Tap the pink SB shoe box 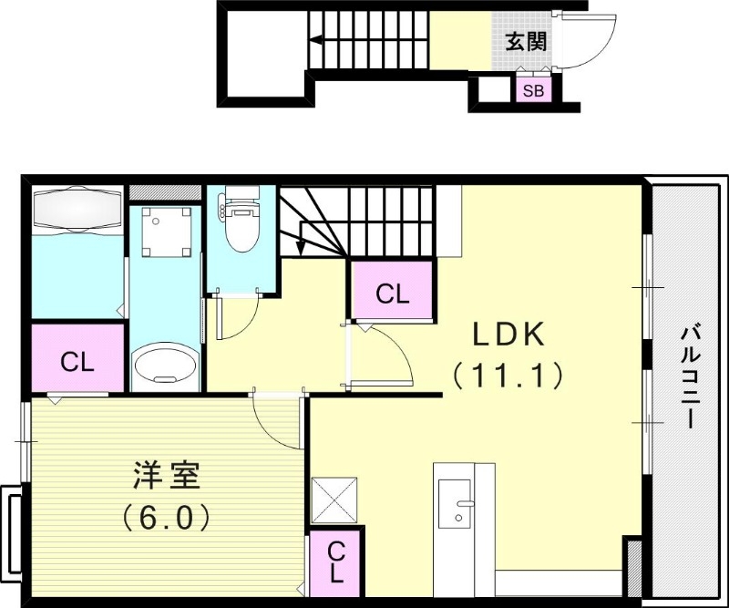[533, 90]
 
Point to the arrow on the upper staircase [315, 39]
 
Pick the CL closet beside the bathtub [77, 361]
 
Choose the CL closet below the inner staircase [393, 294]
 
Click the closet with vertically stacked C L [335, 562]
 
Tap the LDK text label [508, 335]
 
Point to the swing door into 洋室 [278, 419]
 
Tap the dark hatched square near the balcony [633, 556]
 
